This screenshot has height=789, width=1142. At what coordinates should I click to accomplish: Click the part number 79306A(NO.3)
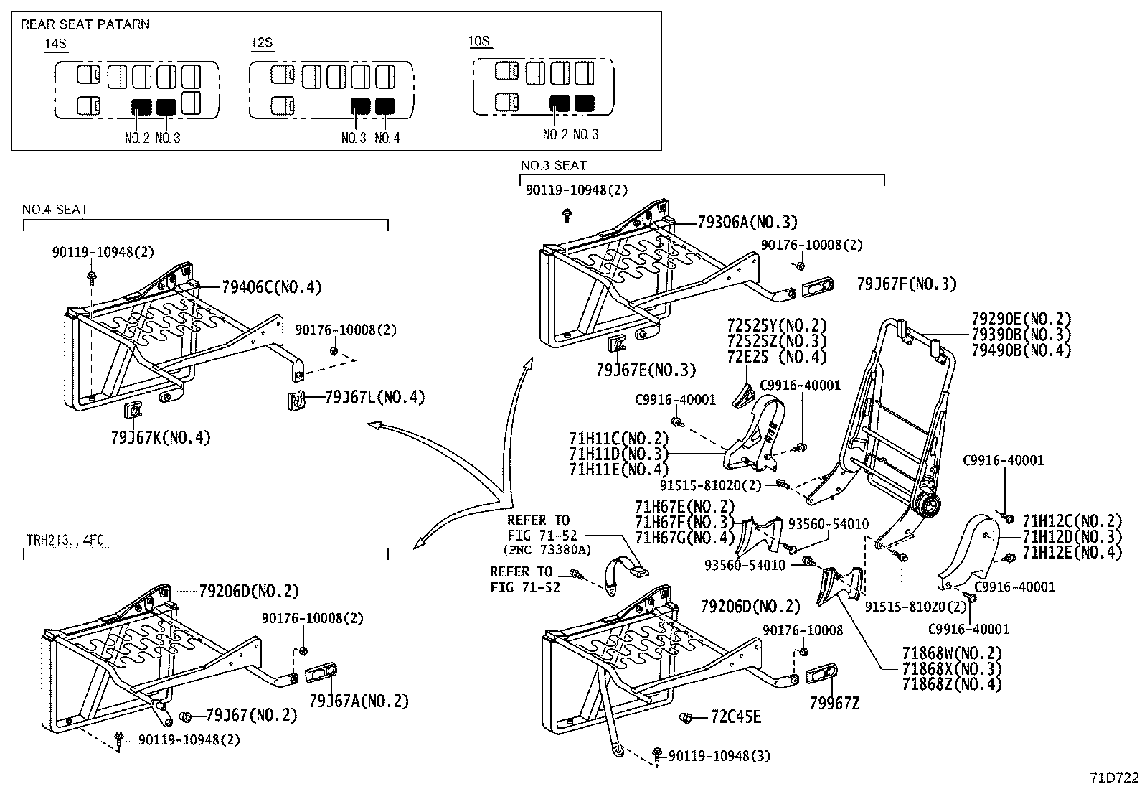click(x=747, y=223)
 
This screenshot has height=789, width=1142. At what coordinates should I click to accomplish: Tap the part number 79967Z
click(x=834, y=704)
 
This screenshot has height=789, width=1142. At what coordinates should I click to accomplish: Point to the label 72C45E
click(x=736, y=717)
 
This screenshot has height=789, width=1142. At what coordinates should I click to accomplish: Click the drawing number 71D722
click(x=1114, y=778)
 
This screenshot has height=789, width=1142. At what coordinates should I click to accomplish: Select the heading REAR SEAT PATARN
click(x=85, y=24)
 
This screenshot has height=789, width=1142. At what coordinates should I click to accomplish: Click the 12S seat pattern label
click(x=262, y=43)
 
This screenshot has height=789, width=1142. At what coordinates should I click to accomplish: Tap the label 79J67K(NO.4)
click(x=161, y=437)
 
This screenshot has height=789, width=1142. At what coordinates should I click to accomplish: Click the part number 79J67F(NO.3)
click(x=906, y=284)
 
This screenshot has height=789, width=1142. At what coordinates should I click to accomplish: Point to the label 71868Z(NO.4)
click(x=951, y=684)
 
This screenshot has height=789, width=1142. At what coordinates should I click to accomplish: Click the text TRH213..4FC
click(x=66, y=540)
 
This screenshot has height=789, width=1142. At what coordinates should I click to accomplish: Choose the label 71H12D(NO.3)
click(x=1071, y=536)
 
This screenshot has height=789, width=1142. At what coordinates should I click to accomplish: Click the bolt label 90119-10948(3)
click(x=719, y=756)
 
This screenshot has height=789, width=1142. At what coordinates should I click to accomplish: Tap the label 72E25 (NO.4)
click(x=776, y=357)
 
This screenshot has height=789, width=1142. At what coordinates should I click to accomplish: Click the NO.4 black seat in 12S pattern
click(x=385, y=106)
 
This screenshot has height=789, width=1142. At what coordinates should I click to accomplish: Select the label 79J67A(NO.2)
click(x=358, y=701)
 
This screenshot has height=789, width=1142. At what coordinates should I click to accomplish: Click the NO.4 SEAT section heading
click(x=55, y=210)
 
